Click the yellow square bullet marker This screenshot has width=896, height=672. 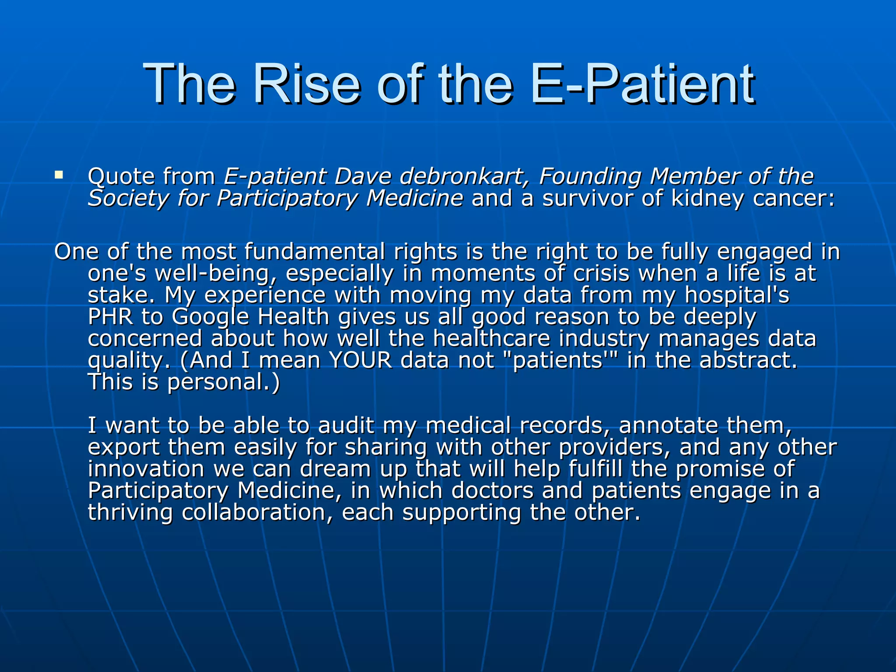point(59,176)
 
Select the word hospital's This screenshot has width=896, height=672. point(737,295)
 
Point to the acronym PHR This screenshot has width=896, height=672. point(110,316)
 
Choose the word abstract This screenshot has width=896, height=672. point(748,360)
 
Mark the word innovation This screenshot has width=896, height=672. point(146,469)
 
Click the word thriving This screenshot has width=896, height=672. point(130,512)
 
